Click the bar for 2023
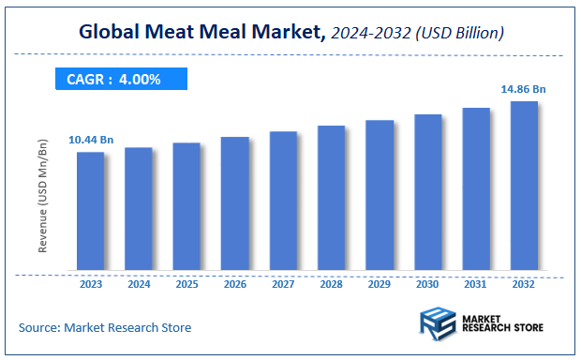click(x=90, y=212)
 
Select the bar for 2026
click(x=234, y=204)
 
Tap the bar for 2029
click(x=379, y=196)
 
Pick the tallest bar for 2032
click(x=524, y=187)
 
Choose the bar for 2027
click(x=283, y=202)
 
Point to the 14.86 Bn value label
click(x=524, y=89)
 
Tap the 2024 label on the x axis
click(x=139, y=283)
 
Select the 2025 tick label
click(x=186, y=283)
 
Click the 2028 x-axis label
click(x=331, y=283)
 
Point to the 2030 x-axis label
click(x=427, y=283)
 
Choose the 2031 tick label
click(x=476, y=283)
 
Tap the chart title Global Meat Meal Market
click(x=201, y=34)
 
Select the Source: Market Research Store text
click(x=105, y=327)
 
